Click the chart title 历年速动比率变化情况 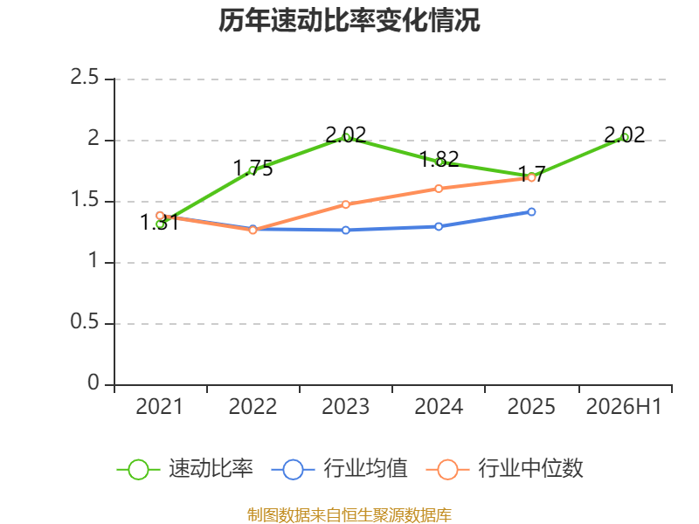(x=349, y=20)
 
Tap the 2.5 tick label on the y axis (x=85, y=77)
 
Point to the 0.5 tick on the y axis (x=85, y=321)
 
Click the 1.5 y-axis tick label (x=85, y=199)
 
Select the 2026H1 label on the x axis (x=624, y=406)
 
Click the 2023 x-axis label (x=345, y=406)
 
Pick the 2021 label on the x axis (x=160, y=406)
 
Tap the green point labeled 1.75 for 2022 (x=253, y=170)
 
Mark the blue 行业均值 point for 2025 (x=531, y=211)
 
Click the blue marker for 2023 (x=345, y=230)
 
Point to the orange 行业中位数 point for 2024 (x=439, y=189)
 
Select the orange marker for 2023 (x=345, y=204)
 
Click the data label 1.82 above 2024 (x=439, y=159)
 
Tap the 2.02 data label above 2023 (x=346, y=135)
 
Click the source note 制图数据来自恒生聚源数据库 (x=349, y=514)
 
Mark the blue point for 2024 (x=439, y=226)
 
